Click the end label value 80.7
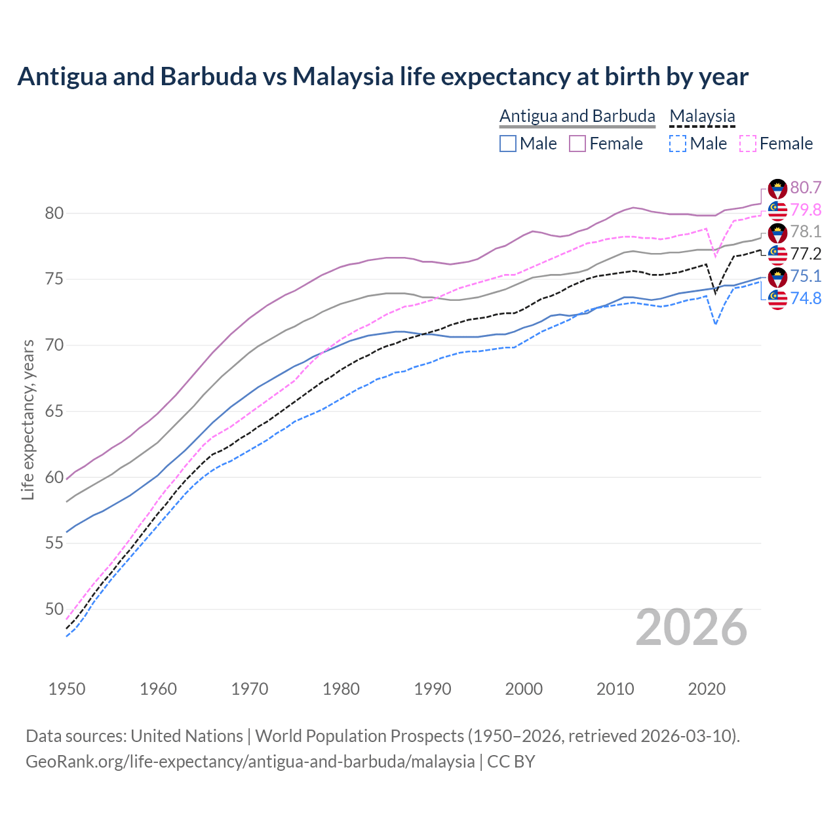click(x=806, y=188)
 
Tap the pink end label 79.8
click(x=806, y=210)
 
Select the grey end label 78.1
click(x=806, y=232)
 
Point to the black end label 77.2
click(x=806, y=254)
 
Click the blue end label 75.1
click(x=806, y=277)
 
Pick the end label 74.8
click(x=806, y=299)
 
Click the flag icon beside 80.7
click(x=777, y=189)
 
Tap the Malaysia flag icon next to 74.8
click(x=777, y=300)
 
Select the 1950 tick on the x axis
click(x=67, y=689)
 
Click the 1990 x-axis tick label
click(x=433, y=689)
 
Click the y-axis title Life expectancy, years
click(x=28, y=419)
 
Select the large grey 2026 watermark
click(x=691, y=627)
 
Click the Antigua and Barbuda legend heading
click(x=577, y=116)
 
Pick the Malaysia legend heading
click(x=702, y=116)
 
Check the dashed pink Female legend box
click(x=748, y=144)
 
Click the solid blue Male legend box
click(x=508, y=144)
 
